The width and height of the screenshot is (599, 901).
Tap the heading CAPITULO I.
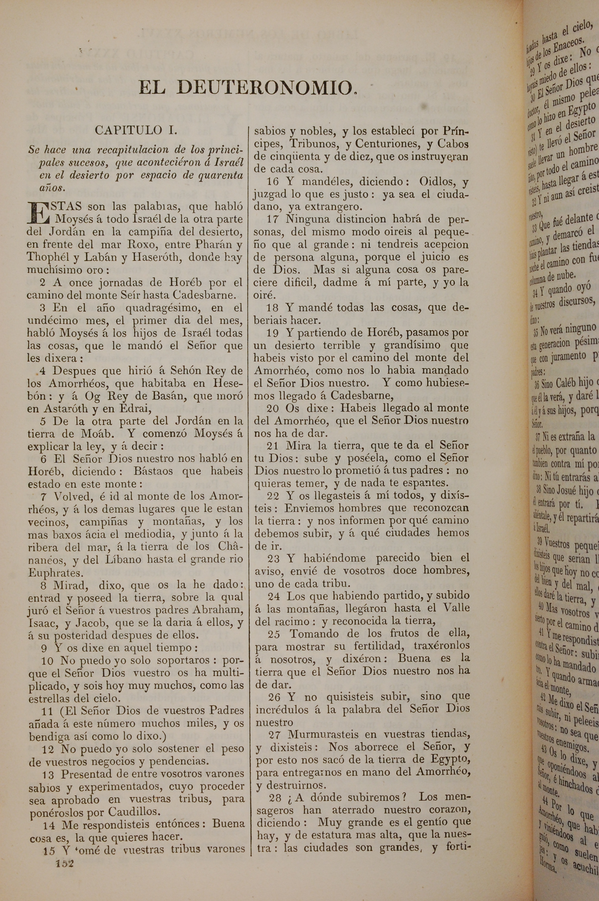(x=136, y=130)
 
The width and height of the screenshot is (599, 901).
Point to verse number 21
(x=272, y=445)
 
